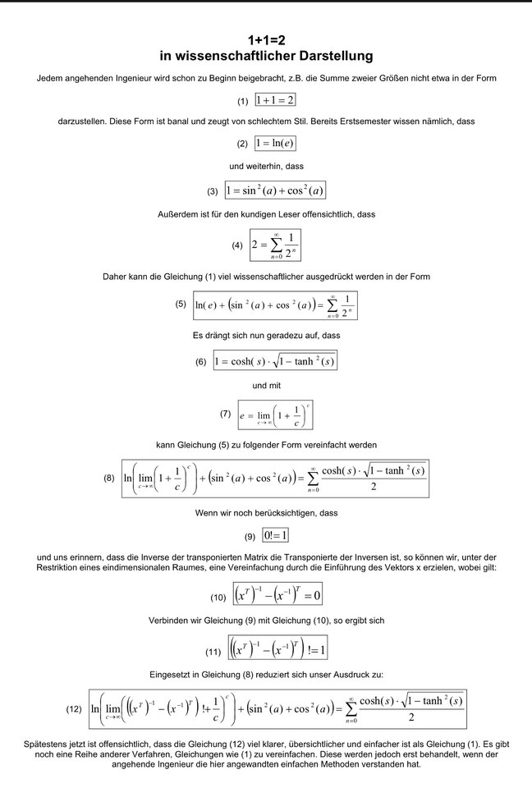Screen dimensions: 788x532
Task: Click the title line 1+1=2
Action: (x=266, y=39)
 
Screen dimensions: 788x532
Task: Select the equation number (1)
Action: (x=242, y=102)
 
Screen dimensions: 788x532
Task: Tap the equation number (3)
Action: (x=213, y=191)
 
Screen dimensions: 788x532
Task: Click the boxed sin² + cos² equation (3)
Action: (x=275, y=190)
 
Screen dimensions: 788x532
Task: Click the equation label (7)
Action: (x=226, y=415)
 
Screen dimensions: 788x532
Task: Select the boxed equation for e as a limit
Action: (x=275, y=416)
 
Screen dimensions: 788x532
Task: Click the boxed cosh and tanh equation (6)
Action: (x=275, y=361)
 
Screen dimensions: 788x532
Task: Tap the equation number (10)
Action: (x=218, y=596)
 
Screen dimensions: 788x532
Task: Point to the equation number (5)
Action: (x=181, y=304)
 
